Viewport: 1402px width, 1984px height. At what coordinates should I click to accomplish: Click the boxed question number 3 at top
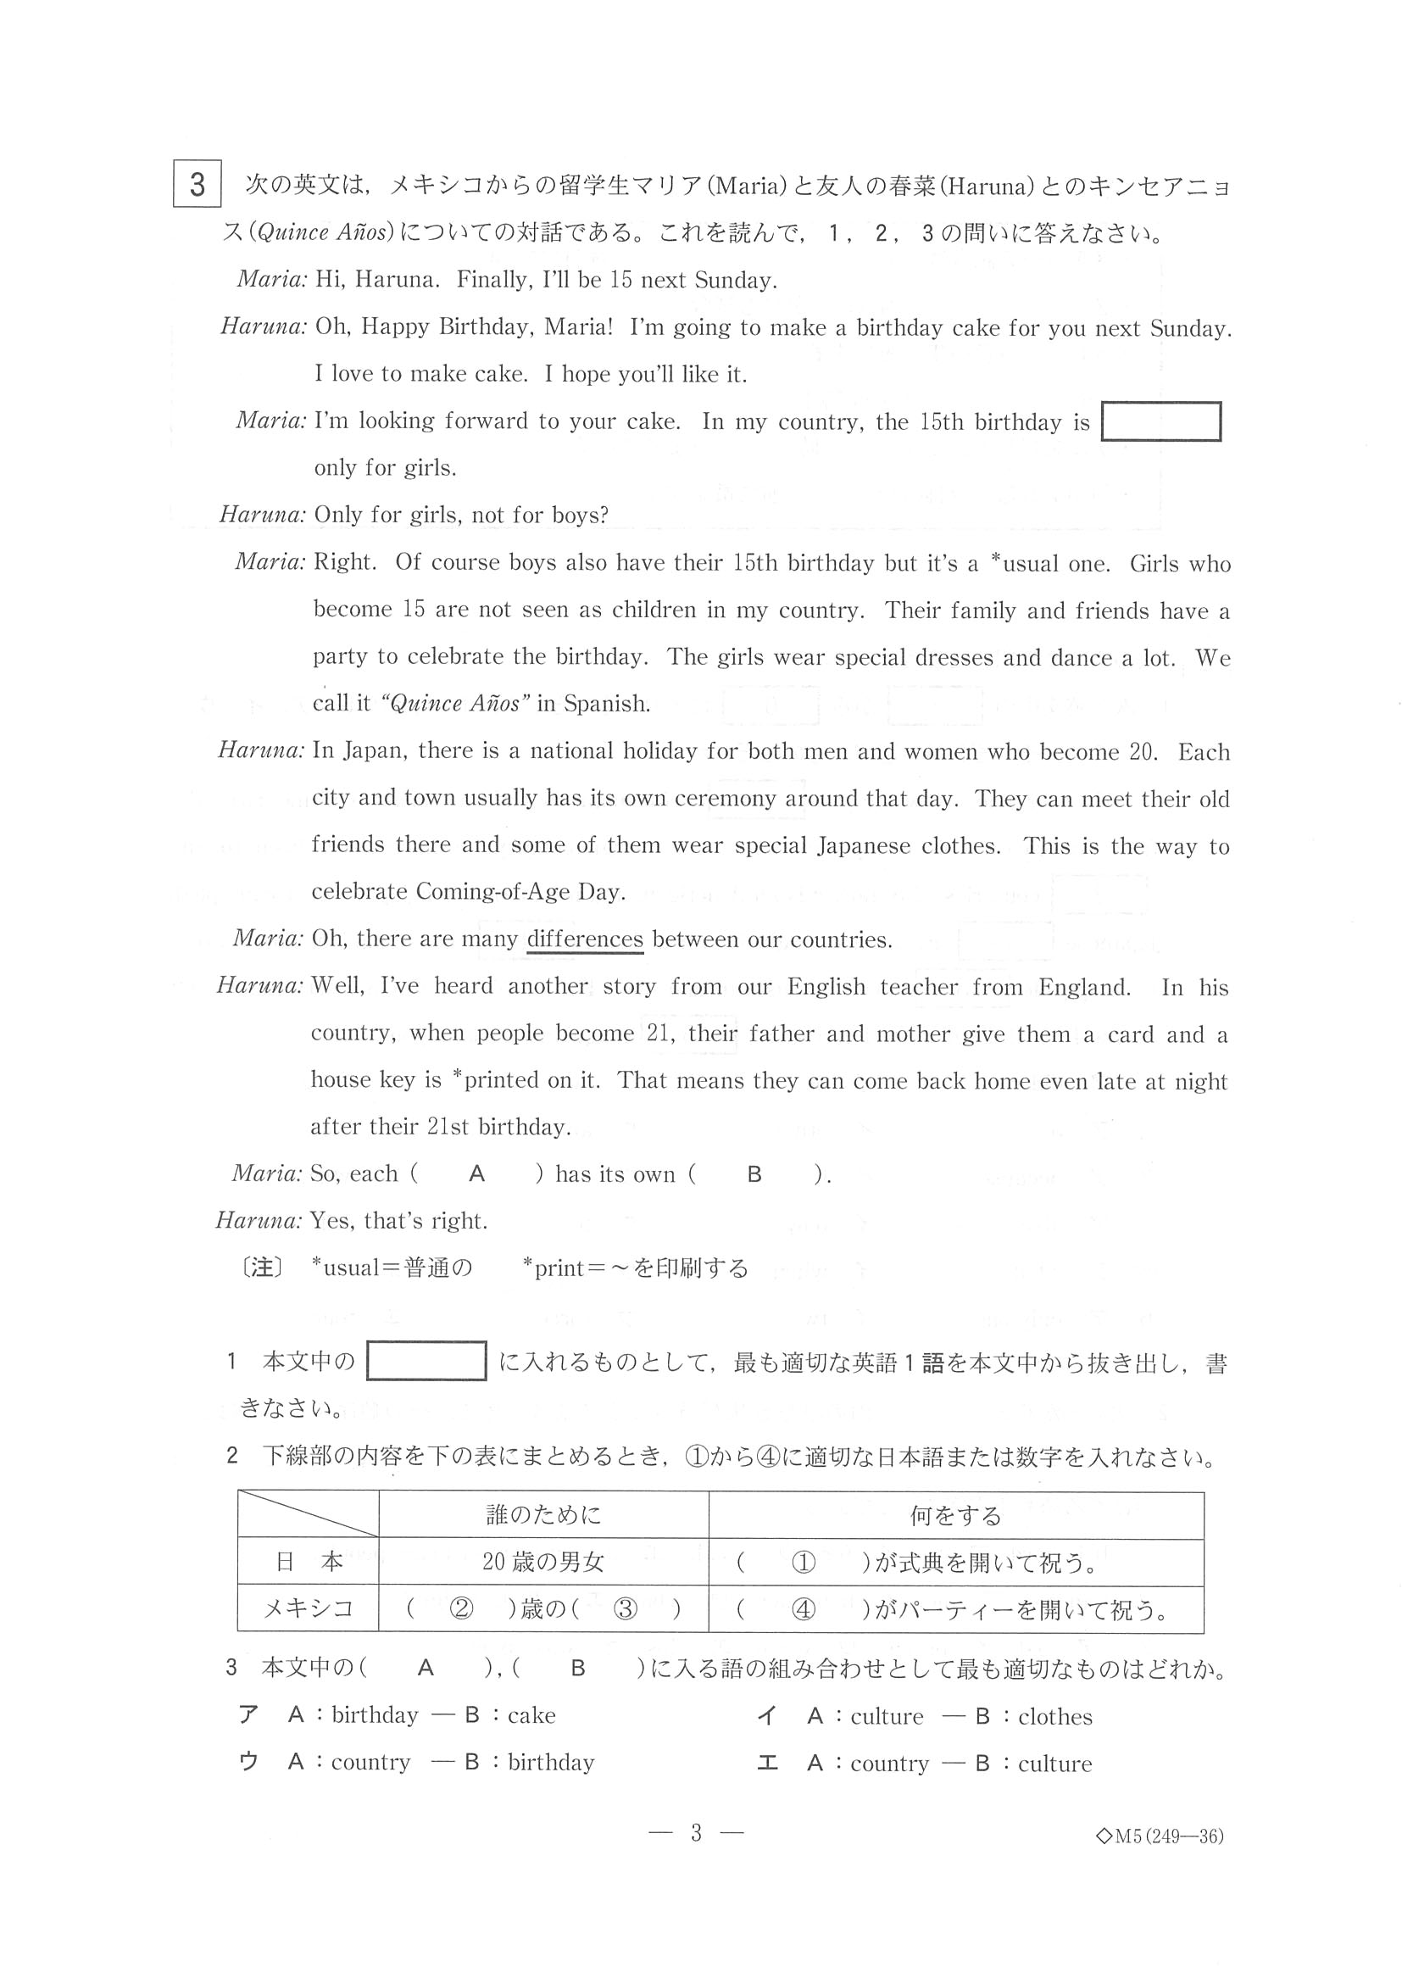coord(197,184)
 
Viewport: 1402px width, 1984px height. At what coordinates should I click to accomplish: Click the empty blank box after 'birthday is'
coord(1160,421)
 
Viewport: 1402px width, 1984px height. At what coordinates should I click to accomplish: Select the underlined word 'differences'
coord(585,939)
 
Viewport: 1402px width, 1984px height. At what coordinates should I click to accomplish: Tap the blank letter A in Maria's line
coord(477,1173)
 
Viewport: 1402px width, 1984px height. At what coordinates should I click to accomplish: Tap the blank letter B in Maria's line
coord(754,1173)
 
